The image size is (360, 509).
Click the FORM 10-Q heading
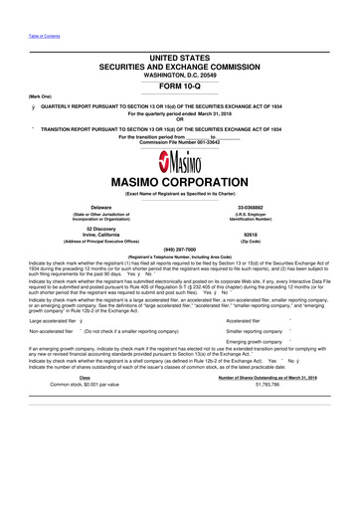[179, 85]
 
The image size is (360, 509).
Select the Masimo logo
[180, 164]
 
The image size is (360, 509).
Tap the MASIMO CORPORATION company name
[180, 184]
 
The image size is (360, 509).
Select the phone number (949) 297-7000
[179, 249]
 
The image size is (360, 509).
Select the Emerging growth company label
[256, 341]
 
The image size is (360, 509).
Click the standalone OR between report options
[180, 119]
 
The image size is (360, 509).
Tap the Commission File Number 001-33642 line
[180, 142]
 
